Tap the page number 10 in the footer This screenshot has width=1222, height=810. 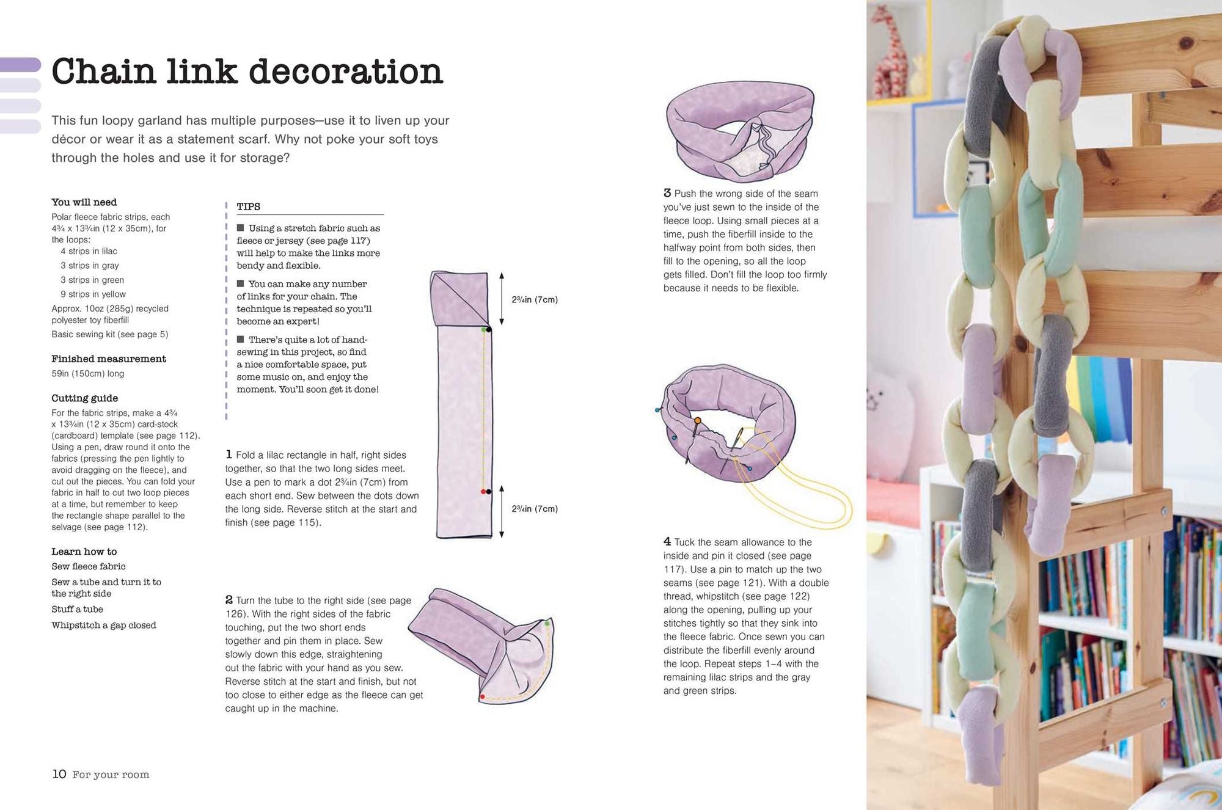(x=59, y=774)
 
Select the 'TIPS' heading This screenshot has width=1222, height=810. (x=249, y=206)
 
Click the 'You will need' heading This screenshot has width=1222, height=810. (x=84, y=202)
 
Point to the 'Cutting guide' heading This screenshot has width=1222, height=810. (x=85, y=398)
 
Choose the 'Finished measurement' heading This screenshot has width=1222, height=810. (x=109, y=359)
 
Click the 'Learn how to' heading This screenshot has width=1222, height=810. (x=84, y=552)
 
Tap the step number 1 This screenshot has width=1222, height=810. (x=229, y=454)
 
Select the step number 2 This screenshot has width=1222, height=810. (x=229, y=600)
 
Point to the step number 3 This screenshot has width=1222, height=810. (x=667, y=193)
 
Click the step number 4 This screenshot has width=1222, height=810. (x=667, y=542)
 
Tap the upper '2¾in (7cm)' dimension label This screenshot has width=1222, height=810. (x=535, y=300)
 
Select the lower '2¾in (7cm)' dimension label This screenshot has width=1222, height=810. (x=535, y=509)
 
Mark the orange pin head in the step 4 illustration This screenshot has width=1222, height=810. (x=697, y=421)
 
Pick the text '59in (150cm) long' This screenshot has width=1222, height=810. (x=88, y=374)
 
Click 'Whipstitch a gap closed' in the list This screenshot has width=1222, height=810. (x=104, y=626)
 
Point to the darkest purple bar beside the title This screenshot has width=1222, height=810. (x=21, y=64)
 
